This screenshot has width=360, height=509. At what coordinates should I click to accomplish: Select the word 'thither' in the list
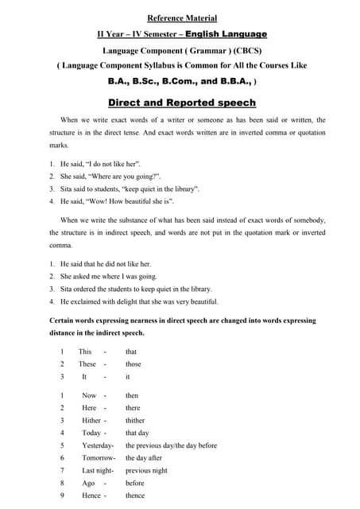pyautogui.click(x=135, y=420)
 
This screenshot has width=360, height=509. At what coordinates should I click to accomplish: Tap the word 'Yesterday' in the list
pyautogui.click(x=97, y=445)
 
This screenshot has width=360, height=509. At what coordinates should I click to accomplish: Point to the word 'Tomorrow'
pyautogui.click(x=97, y=458)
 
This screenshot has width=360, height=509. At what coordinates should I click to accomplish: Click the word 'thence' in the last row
pyautogui.click(x=135, y=495)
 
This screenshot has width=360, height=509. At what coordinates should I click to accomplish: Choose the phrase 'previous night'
pyautogui.click(x=146, y=470)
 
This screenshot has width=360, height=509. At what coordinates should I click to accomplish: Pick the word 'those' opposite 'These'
pyautogui.click(x=134, y=364)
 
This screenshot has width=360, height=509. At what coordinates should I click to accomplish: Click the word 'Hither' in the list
pyautogui.click(x=91, y=420)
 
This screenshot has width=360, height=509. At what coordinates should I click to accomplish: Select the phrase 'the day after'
pyautogui.click(x=144, y=458)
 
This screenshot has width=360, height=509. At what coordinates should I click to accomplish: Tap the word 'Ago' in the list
pyautogui.click(x=88, y=483)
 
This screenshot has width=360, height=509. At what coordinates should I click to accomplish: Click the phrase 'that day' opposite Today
pyautogui.click(x=137, y=433)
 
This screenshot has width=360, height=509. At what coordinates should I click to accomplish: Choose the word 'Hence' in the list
pyautogui.click(x=91, y=495)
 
